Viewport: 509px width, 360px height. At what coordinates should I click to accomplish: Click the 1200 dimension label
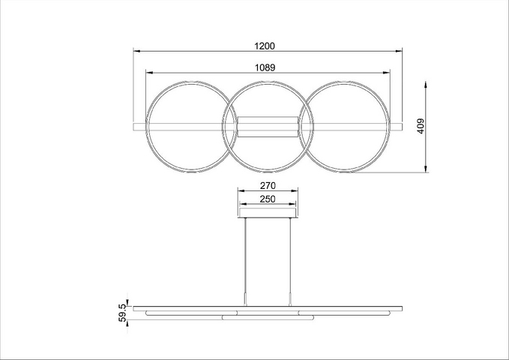[265, 46]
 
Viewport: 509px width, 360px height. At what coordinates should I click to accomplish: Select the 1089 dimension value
[265, 67]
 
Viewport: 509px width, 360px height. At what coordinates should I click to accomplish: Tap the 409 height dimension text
[421, 126]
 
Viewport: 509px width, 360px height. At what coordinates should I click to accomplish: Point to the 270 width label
[268, 185]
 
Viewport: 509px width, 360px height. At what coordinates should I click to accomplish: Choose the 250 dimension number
[268, 199]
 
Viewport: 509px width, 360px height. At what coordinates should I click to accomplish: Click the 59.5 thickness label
[122, 312]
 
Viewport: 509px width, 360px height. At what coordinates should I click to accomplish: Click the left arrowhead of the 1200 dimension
[136, 51]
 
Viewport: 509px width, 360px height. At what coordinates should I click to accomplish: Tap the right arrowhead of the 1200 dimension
[399, 51]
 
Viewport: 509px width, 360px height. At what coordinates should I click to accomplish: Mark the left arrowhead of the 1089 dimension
[149, 73]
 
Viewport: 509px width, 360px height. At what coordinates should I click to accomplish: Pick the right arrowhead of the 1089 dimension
[387, 73]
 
